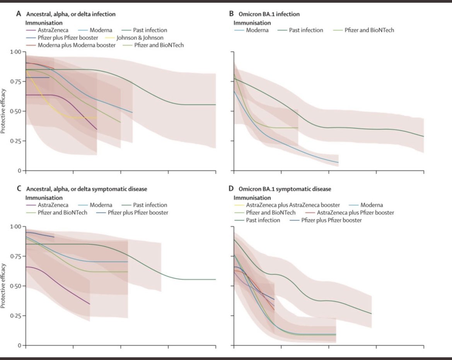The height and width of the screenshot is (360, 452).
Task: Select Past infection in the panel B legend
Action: [306, 30]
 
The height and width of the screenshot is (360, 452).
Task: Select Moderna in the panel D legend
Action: [372, 205]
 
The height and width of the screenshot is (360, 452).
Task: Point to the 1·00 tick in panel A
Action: [16, 52]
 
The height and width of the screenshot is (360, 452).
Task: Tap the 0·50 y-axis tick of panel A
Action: [16, 111]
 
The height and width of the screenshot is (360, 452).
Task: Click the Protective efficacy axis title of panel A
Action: [3, 111]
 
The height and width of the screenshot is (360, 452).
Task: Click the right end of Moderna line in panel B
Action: [338, 162]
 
